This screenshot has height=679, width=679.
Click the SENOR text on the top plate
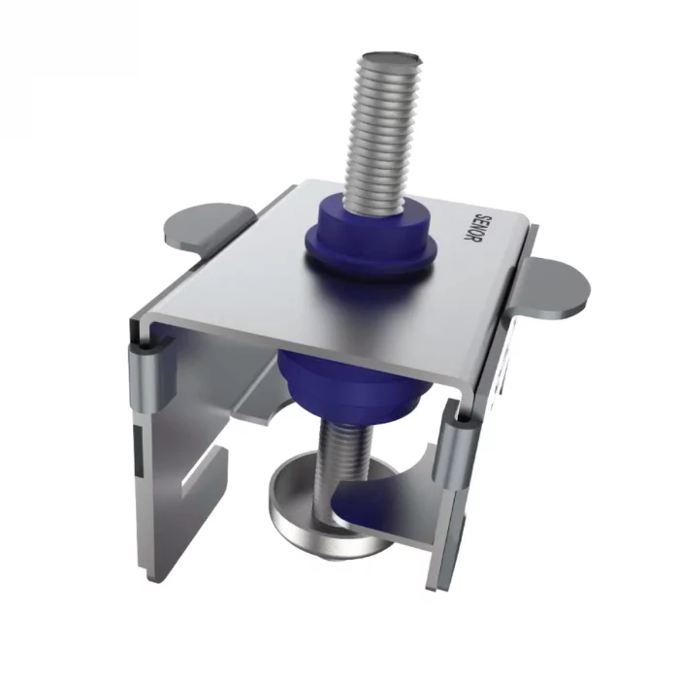[x=470, y=227]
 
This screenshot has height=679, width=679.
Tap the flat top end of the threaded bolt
[x=391, y=56]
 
